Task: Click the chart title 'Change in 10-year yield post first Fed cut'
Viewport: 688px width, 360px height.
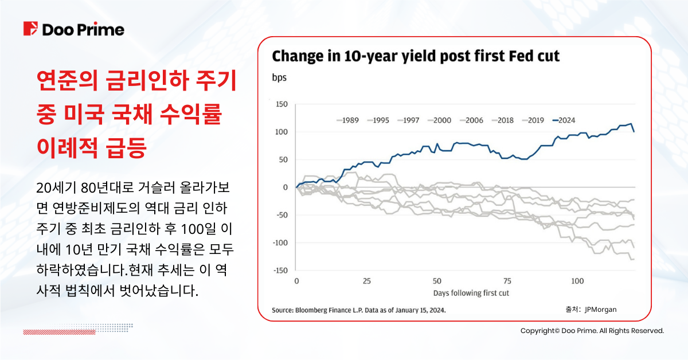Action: pyautogui.click(x=415, y=56)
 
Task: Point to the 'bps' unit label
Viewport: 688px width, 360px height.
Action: pyautogui.click(x=279, y=77)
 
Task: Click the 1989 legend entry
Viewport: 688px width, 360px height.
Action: pyautogui.click(x=347, y=120)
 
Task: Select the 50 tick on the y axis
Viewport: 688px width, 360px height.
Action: pyautogui.click(x=282, y=160)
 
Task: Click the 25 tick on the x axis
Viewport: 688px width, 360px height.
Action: pyautogui.click(x=367, y=281)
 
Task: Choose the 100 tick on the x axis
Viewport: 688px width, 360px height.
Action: pyautogui.click(x=578, y=281)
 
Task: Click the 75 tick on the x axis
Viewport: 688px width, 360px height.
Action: pyautogui.click(x=507, y=281)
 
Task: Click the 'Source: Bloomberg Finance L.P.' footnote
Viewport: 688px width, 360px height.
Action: pyautogui.click(x=358, y=310)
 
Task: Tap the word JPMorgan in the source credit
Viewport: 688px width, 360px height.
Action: pyautogui.click(x=600, y=310)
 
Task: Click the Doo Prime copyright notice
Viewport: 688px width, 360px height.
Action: pyautogui.click(x=592, y=331)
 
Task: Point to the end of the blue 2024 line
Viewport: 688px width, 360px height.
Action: pyautogui.click(x=634, y=131)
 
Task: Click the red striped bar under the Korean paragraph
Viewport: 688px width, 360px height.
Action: pyautogui.click(x=55, y=332)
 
